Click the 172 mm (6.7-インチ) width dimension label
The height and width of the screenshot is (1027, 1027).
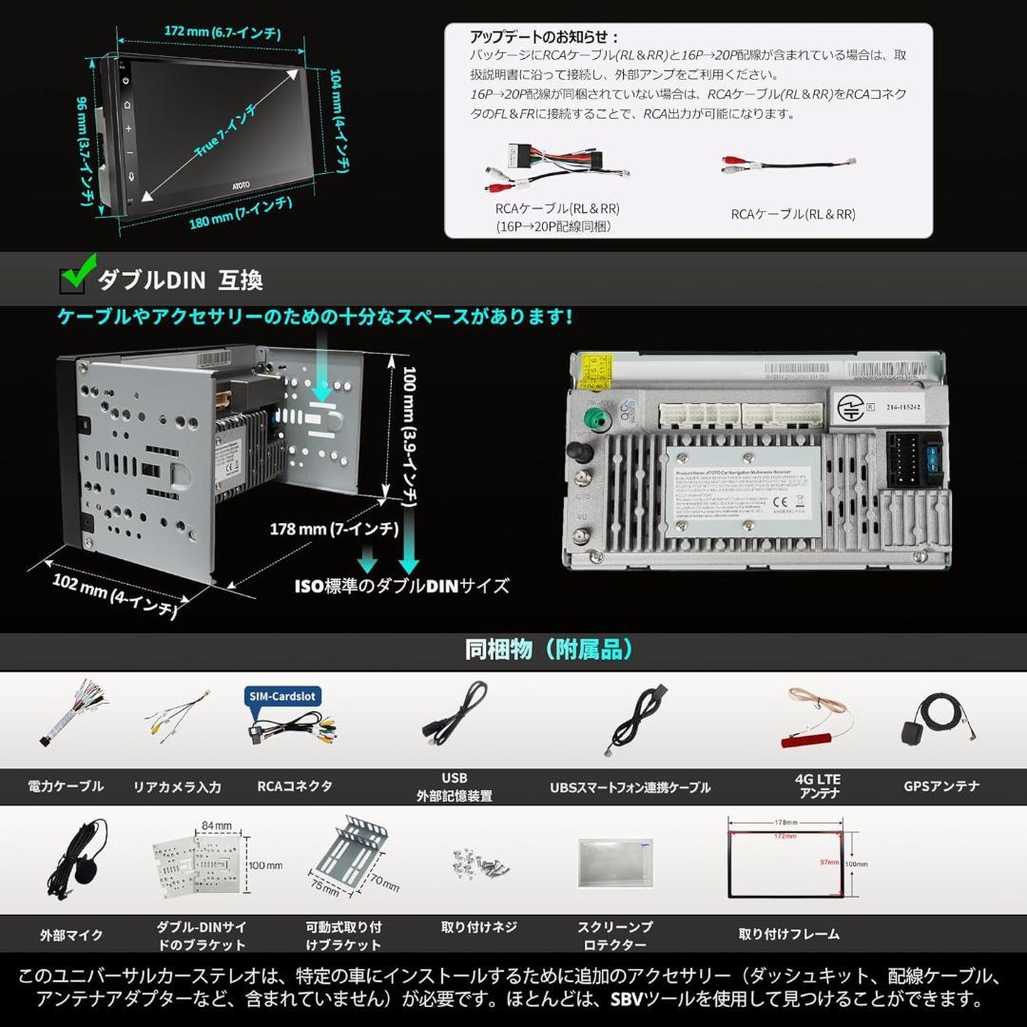coord(222,32)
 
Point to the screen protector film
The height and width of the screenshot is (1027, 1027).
coord(614,862)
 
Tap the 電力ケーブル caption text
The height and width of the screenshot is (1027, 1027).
coord(66,786)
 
